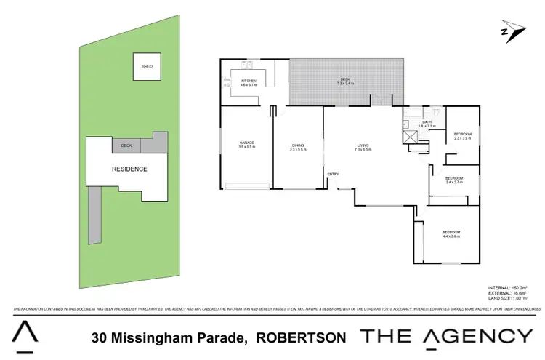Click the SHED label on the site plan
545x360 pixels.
point(147,66)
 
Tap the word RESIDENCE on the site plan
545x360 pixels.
point(129,169)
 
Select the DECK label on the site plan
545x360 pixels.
point(126,145)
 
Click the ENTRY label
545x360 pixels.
point(333,174)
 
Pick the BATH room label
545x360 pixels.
point(427,124)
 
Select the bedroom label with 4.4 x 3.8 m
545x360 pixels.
point(451,233)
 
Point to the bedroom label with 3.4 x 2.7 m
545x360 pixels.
point(455,180)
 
